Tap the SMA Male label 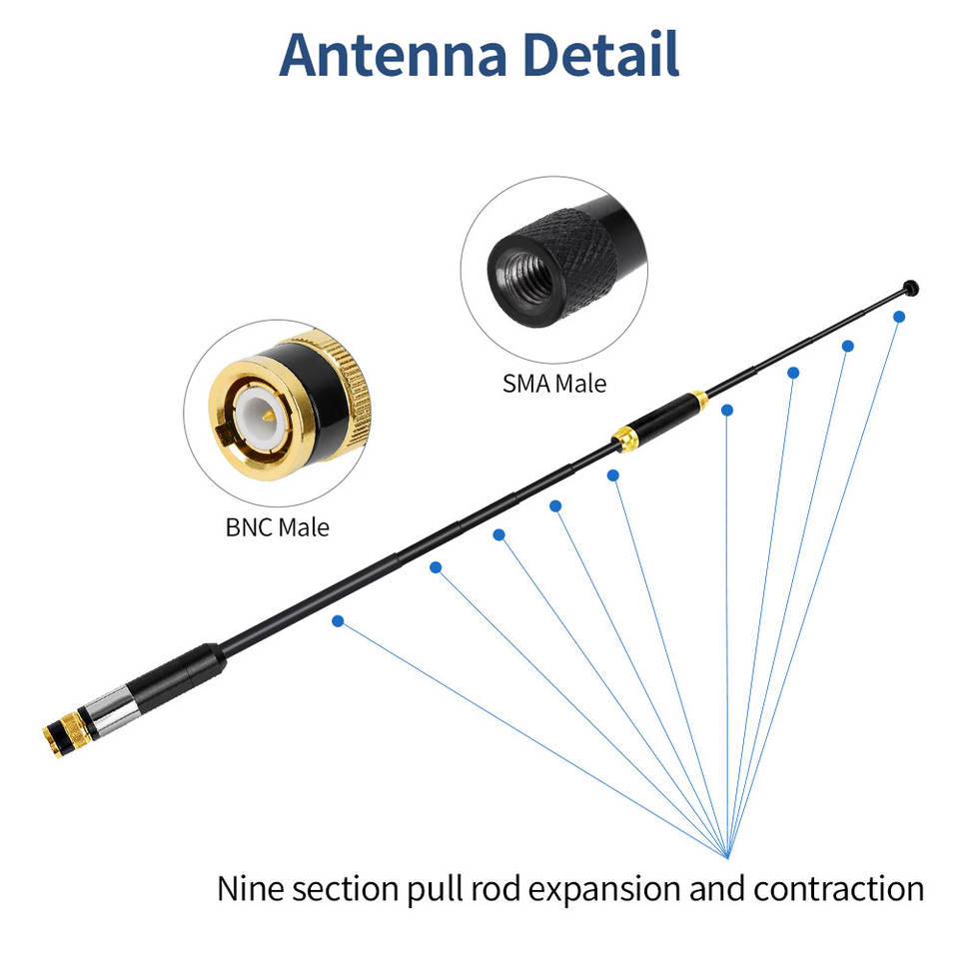(x=554, y=383)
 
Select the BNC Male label (x=277, y=526)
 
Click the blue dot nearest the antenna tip (x=899, y=317)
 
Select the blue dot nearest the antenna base (x=338, y=620)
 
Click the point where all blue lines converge (x=726, y=856)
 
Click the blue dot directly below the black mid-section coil (x=727, y=410)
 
